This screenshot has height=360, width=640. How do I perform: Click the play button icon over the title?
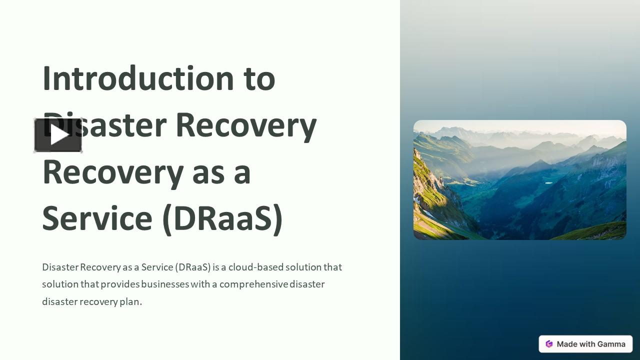coord(58,135)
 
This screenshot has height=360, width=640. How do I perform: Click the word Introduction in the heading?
coord(138,78)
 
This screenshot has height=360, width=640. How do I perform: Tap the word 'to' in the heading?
coord(259,78)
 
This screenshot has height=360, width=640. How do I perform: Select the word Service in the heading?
coord(97,218)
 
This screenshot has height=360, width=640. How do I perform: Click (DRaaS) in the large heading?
coord(222,218)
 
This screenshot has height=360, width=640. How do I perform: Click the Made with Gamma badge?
coord(585,344)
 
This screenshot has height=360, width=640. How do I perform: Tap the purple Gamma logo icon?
coord(549,344)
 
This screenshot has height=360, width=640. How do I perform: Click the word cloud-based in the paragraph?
coord(255,267)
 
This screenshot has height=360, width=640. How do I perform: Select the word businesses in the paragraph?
coord(165,284)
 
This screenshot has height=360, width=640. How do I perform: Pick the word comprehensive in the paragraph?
coord(253,284)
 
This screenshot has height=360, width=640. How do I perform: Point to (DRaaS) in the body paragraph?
coord(193,267)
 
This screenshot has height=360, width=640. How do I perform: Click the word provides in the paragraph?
coord(120,284)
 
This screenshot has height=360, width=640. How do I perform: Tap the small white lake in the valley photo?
coord(548,183)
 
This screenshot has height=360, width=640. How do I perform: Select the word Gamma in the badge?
coord(610,344)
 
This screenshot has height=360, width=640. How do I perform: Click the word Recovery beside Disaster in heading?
coord(246,125)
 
